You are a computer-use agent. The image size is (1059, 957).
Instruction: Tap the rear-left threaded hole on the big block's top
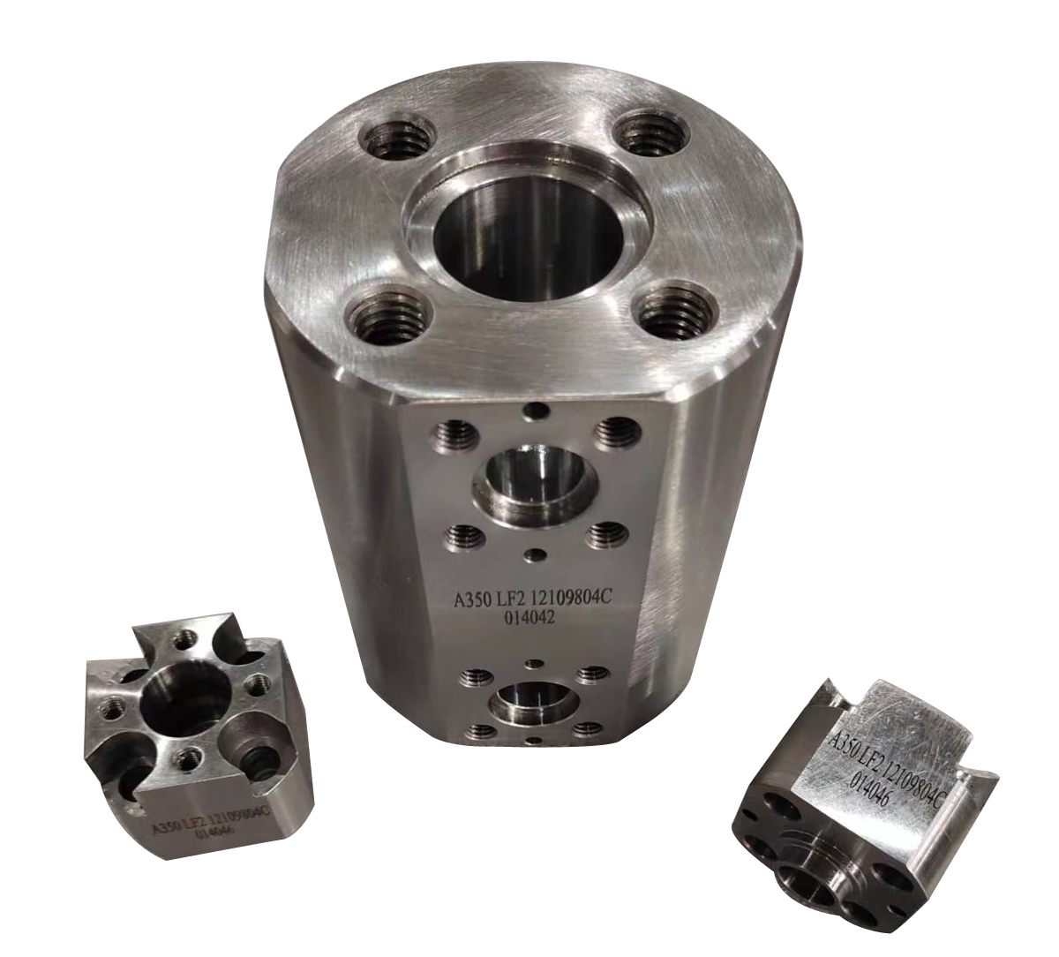click(x=396, y=140)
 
